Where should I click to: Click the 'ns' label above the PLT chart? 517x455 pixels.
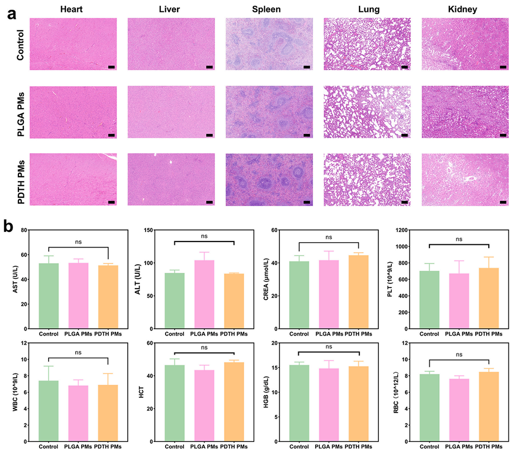(x=458, y=238)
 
